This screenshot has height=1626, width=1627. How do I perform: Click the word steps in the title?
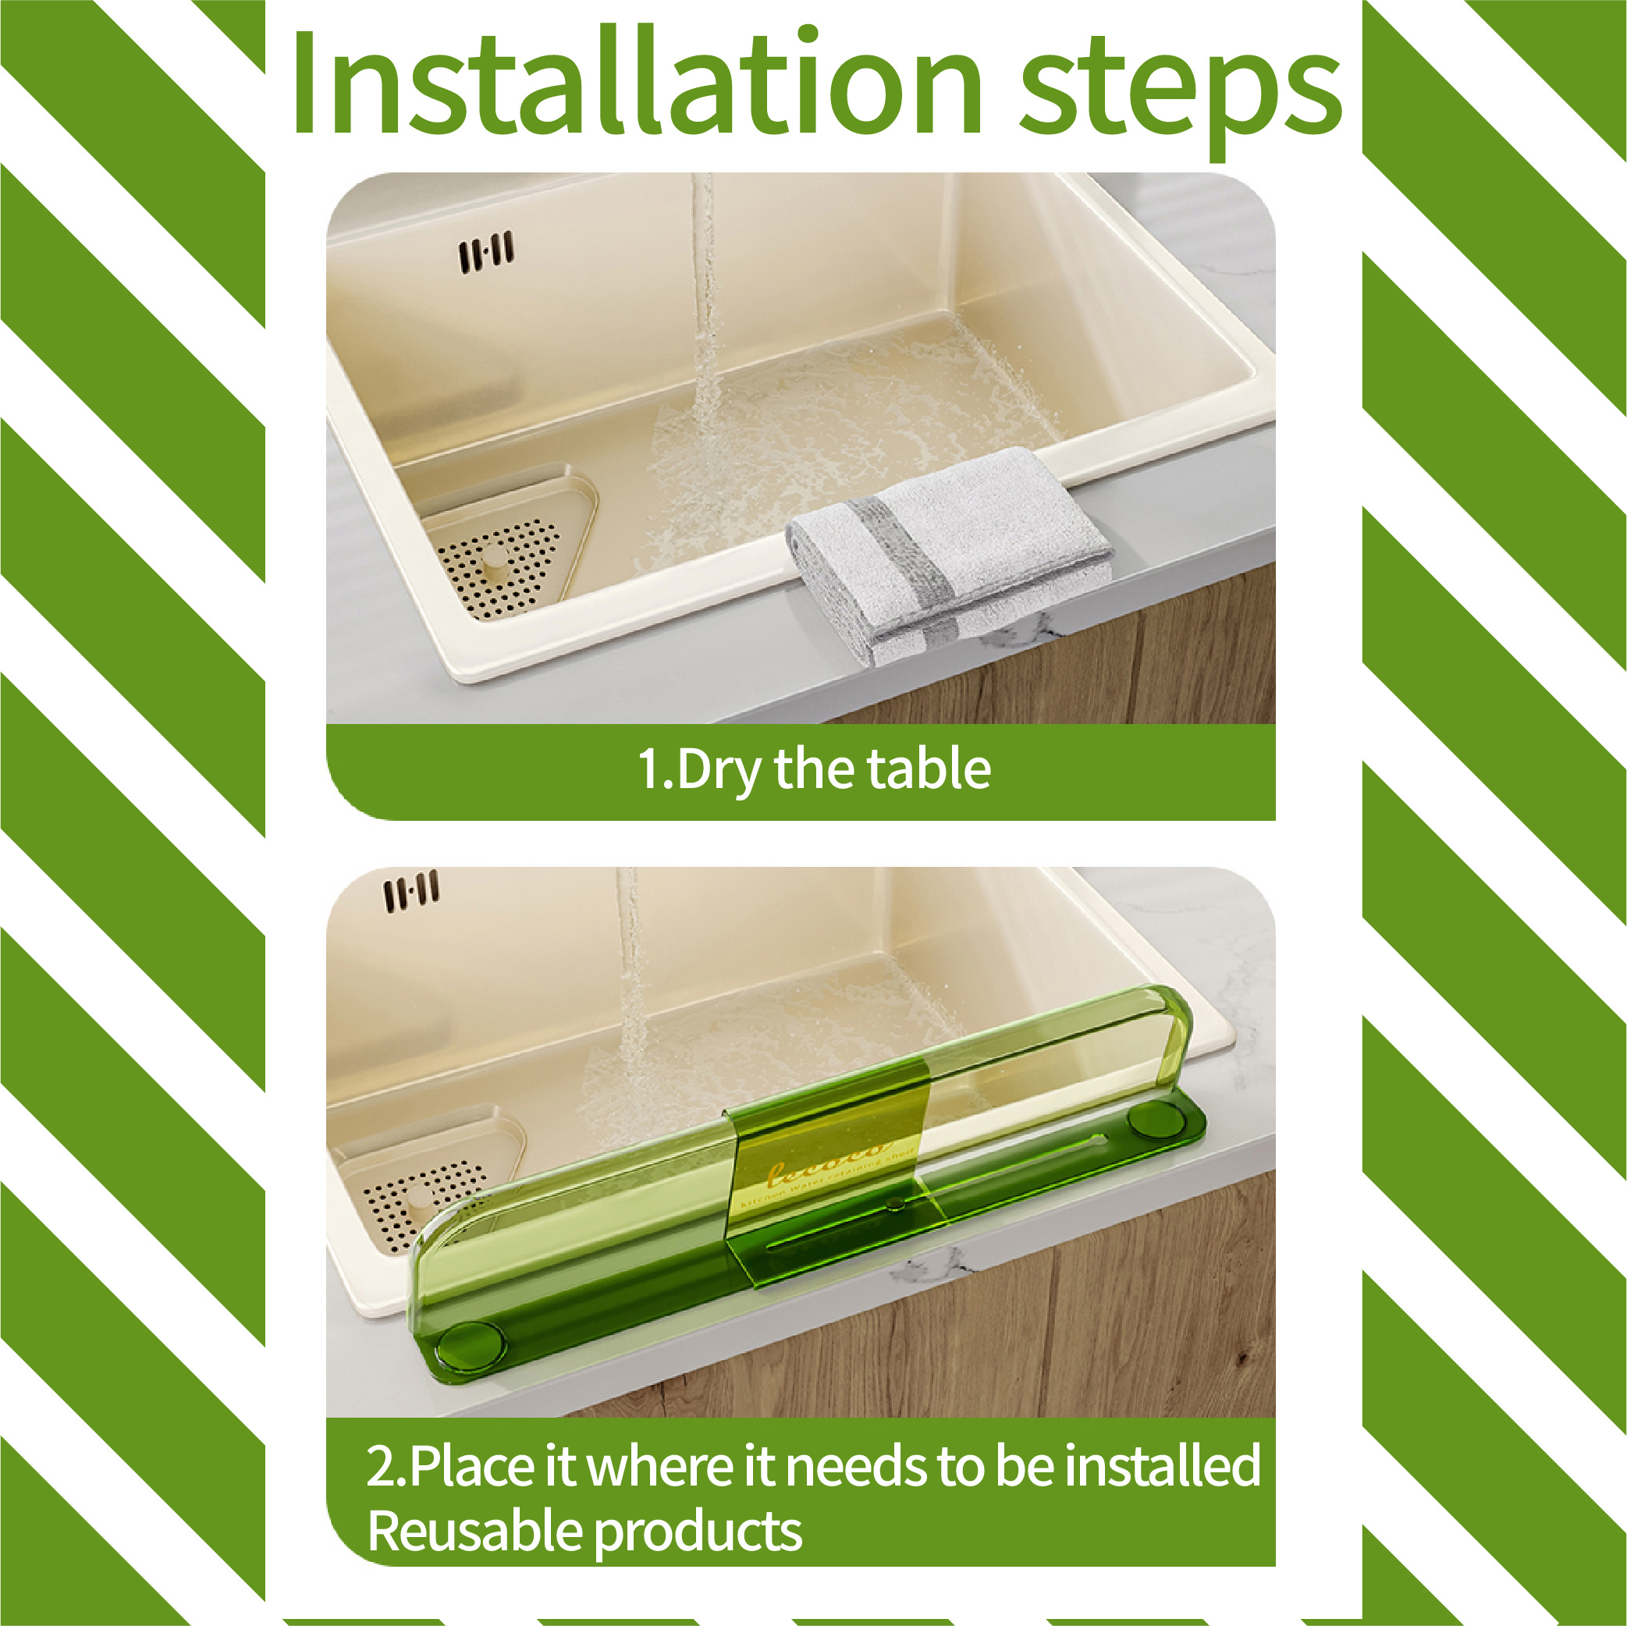coord(1179,88)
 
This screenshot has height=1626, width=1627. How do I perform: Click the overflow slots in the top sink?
coord(486,252)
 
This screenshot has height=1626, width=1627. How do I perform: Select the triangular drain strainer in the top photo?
coord(506,548)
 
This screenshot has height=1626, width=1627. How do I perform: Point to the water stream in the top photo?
coord(704,320)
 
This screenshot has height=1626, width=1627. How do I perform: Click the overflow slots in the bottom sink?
coord(412,893)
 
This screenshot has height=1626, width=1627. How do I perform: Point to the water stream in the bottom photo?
coord(630,985)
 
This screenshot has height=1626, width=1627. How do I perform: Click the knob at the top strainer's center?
coord(496,559)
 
